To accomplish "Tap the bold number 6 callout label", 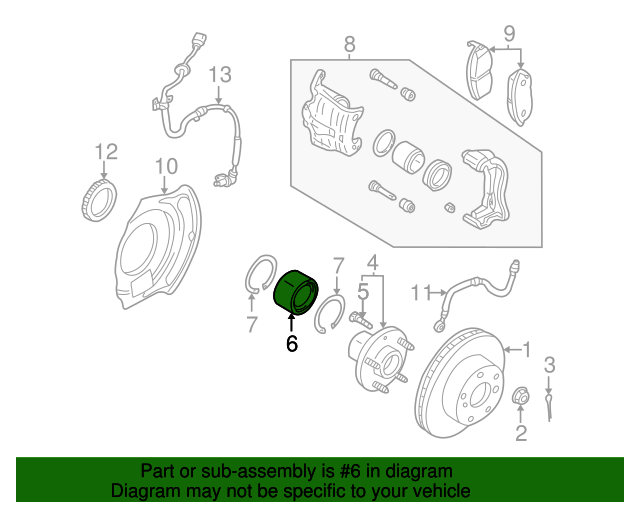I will click(x=292, y=344).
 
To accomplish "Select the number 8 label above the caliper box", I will click(x=349, y=44).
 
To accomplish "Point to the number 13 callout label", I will click(x=219, y=75).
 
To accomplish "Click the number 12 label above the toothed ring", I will click(x=106, y=151).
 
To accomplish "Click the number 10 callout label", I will click(x=166, y=165).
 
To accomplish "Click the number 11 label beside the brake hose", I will click(x=422, y=292).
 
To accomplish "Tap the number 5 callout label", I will click(x=364, y=292).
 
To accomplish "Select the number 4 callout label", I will click(x=374, y=263).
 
